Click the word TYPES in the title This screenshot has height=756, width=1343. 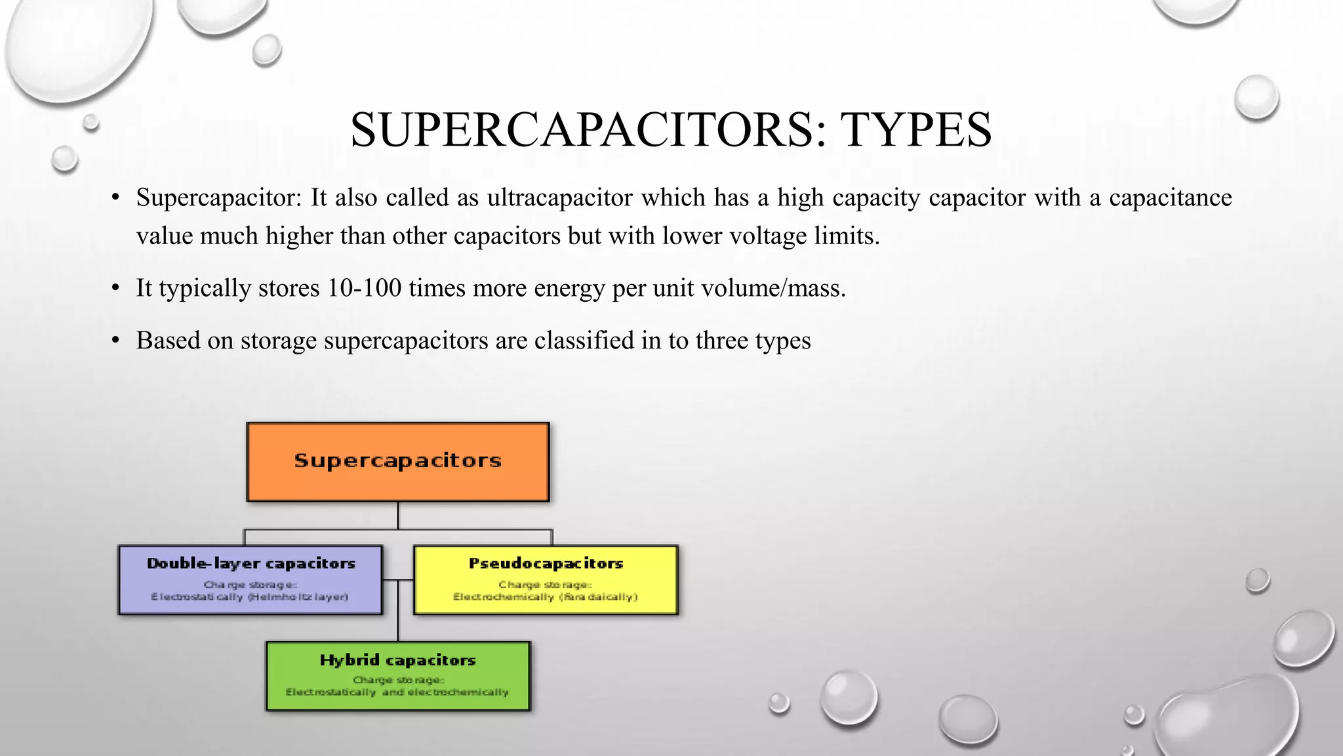[916, 130]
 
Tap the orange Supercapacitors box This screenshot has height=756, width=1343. [397, 461]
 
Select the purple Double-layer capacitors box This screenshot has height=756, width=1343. [250, 580]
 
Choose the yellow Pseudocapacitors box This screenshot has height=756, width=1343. [546, 580]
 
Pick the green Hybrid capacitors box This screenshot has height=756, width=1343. [397, 676]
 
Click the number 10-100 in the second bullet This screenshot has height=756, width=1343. [364, 288]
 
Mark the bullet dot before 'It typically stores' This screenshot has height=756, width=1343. [115, 288]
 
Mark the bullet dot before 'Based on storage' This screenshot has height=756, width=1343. [115, 341]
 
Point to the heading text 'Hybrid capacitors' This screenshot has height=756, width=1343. [397, 660]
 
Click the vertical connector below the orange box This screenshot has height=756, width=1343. [397, 515]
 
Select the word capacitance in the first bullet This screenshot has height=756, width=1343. [1170, 198]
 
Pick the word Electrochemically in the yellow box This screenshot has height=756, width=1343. [504, 597]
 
